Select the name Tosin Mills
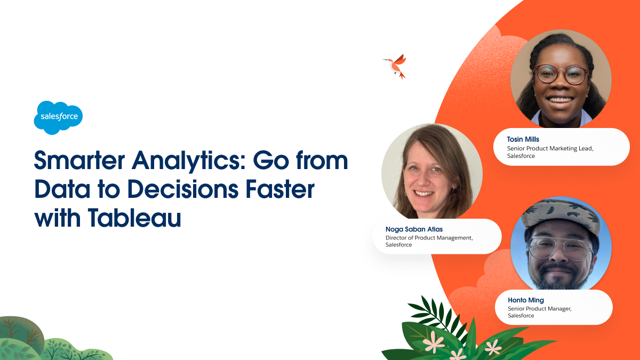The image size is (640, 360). pyautogui.click(x=523, y=140)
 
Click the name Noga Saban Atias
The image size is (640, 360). pyautogui.click(x=414, y=229)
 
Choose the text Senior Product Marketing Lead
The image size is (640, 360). pyautogui.click(x=550, y=148)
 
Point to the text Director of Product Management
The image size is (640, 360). pyautogui.click(x=429, y=238)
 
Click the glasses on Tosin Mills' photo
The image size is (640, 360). pyautogui.click(x=561, y=74)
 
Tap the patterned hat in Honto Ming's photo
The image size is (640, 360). pyautogui.click(x=560, y=217)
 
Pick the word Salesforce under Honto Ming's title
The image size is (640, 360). pyautogui.click(x=521, y=316)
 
